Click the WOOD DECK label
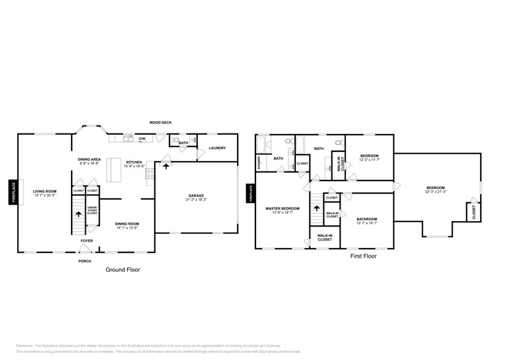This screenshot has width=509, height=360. [160, 122]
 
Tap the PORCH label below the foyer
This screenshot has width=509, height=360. [85, 261]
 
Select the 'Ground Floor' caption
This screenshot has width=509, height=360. [123, 269]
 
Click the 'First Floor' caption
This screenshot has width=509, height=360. [364, 257]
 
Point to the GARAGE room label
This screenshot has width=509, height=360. [196, 195]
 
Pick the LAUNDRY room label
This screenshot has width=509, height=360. [217, 148]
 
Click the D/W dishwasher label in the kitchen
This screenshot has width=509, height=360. [141, 139]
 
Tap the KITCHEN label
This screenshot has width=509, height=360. [134, 162]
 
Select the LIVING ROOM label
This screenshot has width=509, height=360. [44, 191]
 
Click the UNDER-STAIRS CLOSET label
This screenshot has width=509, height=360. [92, 211]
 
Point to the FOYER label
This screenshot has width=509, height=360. [87, 241]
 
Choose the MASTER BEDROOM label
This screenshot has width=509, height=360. [282, 209]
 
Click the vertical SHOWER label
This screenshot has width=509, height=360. [259, 162]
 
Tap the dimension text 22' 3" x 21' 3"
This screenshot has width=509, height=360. [435, 192]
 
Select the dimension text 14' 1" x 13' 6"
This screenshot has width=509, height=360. [127, 228]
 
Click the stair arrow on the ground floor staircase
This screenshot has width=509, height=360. [78, 214]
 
